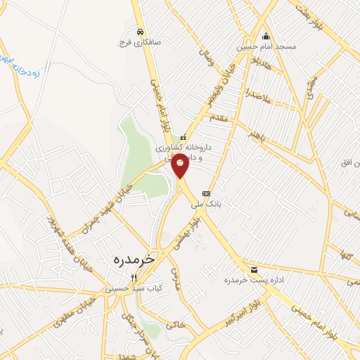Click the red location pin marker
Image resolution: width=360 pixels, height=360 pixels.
pyautogui.click(x=181, y=165)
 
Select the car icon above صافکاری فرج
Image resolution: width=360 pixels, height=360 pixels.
pyautogui.click(x=141, y=32)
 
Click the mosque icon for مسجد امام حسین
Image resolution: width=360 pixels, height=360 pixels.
pyautogui.click(x=265, y=37)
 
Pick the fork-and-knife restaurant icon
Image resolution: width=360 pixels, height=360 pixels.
pyautogui.click(x=124, y=278)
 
